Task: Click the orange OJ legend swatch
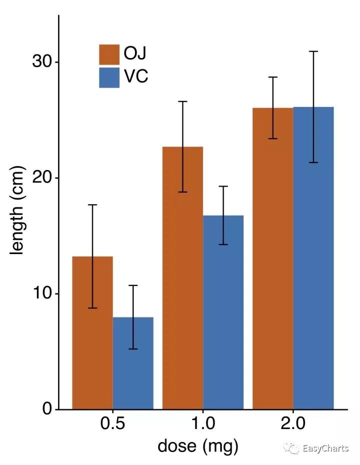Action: (x=109, y=54)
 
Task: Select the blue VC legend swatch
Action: (x=109, y=77)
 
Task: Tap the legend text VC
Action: (x=136, y=77)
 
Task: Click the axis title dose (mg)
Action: (x=198, y=445)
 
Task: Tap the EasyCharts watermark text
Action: (x=325, y=448)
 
